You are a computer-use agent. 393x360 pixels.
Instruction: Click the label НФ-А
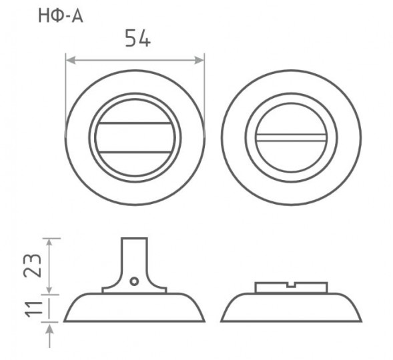click(61, 16)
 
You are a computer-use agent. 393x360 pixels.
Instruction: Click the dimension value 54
click(138, 38)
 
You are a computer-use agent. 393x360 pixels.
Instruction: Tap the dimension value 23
click(32, 266)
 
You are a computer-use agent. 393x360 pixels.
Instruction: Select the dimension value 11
click(33, 309)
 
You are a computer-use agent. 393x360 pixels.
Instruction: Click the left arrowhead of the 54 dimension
click(71, 60)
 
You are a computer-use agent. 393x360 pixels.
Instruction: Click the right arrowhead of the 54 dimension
click(200, 60)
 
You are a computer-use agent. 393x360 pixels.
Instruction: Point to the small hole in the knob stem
click(134, 281)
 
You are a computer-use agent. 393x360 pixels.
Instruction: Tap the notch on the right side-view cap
click(291, 285)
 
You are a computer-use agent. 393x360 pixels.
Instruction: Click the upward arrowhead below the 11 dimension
click(50, 329)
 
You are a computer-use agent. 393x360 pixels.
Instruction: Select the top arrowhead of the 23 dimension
click(50, 243)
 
